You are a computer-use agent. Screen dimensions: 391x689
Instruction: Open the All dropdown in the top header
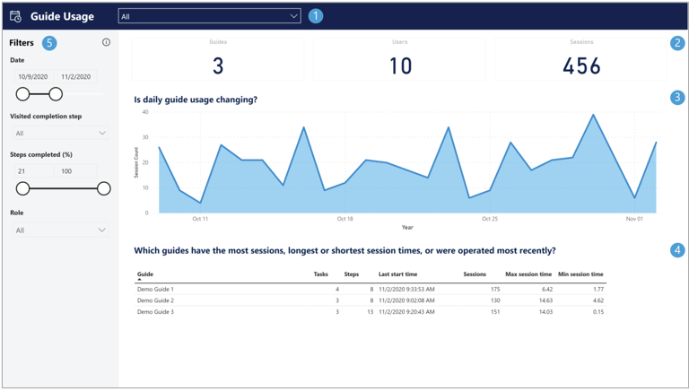pos(209,16)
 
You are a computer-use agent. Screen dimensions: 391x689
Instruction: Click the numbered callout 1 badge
pos(315,16)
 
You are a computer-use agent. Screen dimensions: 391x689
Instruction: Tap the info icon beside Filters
pos(106,42)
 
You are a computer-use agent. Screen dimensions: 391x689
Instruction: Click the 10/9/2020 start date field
pos(33,77)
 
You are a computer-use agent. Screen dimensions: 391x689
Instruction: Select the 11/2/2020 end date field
pos(76,77)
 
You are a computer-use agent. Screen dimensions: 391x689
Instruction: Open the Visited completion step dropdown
pos(60,133)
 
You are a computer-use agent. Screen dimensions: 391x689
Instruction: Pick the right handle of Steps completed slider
pos(104,188)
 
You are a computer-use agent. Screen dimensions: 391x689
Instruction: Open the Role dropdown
pos(60,230)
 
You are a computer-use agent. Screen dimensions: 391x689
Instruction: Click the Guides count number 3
pos(218,65)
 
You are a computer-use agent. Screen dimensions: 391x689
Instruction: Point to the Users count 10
pos(400,65)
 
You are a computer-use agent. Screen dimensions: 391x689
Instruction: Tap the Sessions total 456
pos(581,65)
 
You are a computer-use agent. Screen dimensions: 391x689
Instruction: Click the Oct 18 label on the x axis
pos(344,219)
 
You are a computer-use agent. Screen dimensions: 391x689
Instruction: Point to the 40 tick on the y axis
pos(145,113)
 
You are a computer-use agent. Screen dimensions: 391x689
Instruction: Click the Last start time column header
pos(397,274)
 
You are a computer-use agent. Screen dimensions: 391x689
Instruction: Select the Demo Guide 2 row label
pos(155,300)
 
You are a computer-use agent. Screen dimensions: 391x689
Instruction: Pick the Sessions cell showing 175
pos(493,290)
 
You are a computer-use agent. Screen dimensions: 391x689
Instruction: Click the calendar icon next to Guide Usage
pos(15,16)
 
